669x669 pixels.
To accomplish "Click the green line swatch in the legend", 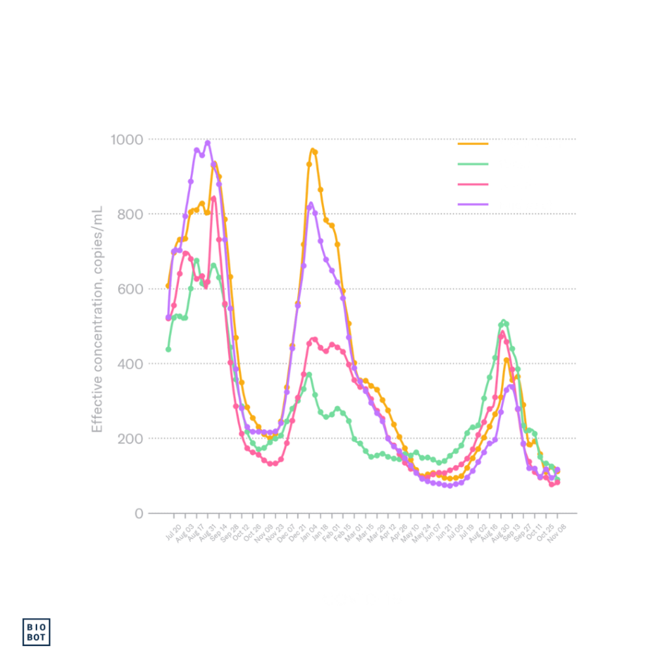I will click(474, 164).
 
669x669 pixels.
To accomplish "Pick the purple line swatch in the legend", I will click(474, 204).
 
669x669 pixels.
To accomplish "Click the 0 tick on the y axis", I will click(139, 513).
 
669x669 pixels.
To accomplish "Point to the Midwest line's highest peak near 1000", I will click(208, 142).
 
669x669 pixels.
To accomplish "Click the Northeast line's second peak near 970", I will click(314, 151).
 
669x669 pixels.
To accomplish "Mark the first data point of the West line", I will click(168, 350).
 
